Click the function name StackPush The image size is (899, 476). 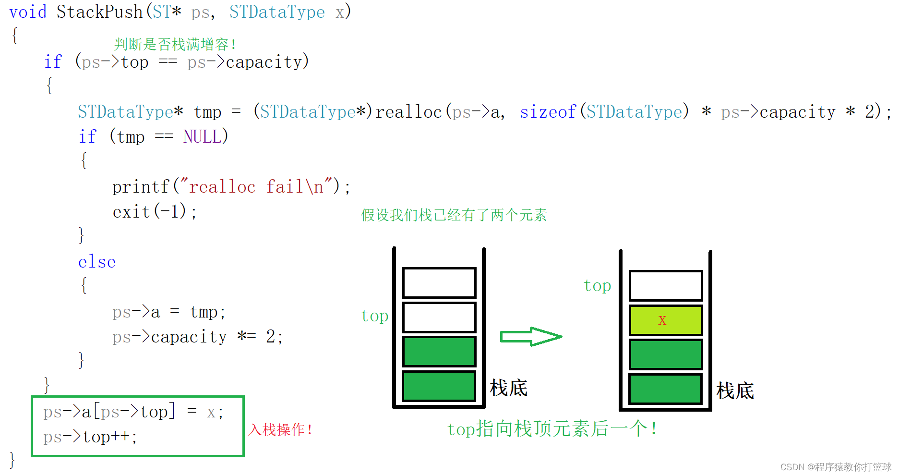pyautogui.click(x=99, y=12)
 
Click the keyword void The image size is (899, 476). pyautogui.click(x=28, y=12)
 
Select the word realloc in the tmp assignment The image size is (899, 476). pyautogui.click(x=408, y=112)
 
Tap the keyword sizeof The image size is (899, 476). pyautogui.click(x=548, y=112)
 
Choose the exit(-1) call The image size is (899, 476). pyautogui.click(x=154, y=211)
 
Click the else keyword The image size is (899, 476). pyautogui.click(x=97, y=262)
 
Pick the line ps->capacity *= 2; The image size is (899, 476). pyautogui.click(x=197, y=337)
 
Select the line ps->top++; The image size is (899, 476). pyautogui.click(x=90, y=437)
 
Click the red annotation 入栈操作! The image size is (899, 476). pyautogui.click(x=280, y=429)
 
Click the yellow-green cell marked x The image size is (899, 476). pyautogui.click(x=665, y=320)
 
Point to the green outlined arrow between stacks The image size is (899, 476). pyautogui.click(x=530, y=337)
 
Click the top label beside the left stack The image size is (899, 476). pyautogui.click(x=374, y=316)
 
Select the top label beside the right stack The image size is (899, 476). pyautogui.click(x=597, y=286)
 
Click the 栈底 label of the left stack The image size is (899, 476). pyautogui.click(x=508, y=388)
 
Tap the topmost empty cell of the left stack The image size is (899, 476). pyautogui.click(x=439, y=283)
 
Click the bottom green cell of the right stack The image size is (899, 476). pyautogui.click(x=665, y=389)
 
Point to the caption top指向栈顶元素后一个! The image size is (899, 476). pyautogui.click(x=552, y=429)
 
